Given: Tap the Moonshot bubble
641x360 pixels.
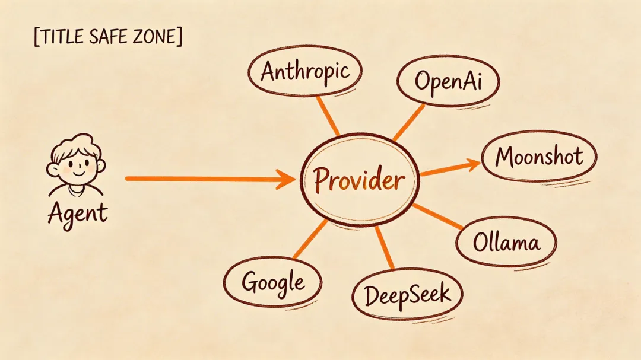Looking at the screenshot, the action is (539, 157).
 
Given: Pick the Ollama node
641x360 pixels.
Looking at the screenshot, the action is (506, 243).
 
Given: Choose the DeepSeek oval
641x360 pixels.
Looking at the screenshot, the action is (407, 295).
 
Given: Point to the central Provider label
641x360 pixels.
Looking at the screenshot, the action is (359, 179).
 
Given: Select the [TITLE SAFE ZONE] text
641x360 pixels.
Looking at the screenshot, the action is (109, 37).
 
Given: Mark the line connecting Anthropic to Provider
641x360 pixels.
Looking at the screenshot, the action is (328, 116).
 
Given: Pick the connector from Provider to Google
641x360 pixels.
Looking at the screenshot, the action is (310, 240).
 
